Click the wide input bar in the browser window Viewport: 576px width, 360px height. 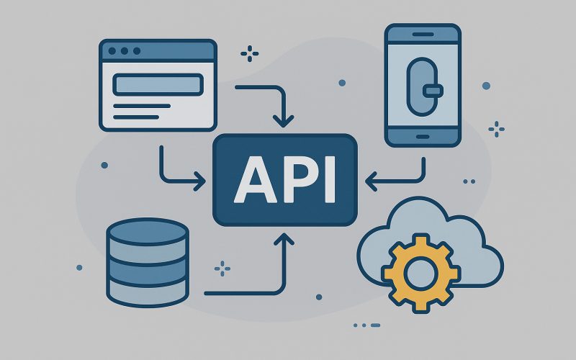[x=157, y=84]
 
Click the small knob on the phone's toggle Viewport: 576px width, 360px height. [x=432, y=90]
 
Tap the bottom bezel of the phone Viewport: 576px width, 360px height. [x=422, y=135]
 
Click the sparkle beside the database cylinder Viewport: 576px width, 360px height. [x=222, y=269]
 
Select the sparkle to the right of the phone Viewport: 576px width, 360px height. [x=496, y=130]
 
